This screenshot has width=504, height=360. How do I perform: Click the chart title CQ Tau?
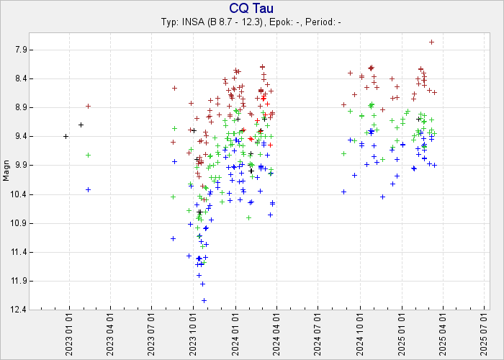252,8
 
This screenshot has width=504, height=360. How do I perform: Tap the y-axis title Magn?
6,174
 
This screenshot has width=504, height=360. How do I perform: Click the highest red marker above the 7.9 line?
431,42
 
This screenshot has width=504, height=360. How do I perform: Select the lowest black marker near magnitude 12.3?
204,300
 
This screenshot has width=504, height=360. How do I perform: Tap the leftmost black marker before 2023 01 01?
66,136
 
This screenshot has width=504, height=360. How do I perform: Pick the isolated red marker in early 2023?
88,106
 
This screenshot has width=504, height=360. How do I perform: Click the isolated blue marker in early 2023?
88,189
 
